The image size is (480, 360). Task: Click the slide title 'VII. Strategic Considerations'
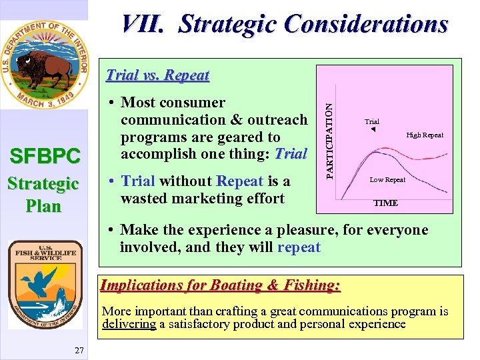284,24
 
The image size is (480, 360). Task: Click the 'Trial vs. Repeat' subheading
158,75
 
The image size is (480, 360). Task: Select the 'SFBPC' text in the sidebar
43,157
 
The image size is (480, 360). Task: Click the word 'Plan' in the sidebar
43,206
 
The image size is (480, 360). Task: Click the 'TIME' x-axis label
385,203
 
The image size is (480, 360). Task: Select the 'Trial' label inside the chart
372,121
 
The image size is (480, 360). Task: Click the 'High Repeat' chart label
425,135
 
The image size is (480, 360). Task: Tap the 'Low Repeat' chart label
387,179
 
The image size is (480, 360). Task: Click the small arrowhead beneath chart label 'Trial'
373,129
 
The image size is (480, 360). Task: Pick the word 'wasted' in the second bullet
143,199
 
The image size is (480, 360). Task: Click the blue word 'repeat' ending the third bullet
299,247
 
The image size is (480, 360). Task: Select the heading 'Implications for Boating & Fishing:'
220,285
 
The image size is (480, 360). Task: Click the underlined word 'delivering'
129,324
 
